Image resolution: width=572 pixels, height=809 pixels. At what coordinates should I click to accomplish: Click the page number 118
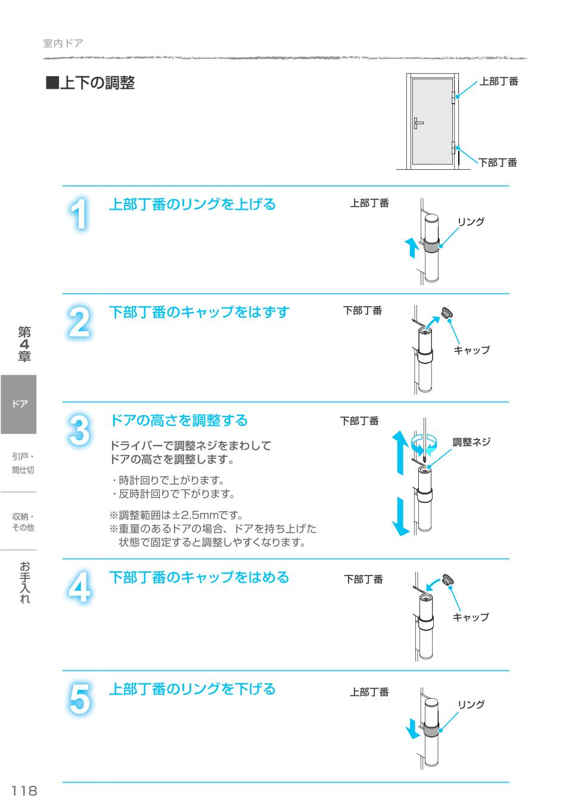click(x=24, y=791)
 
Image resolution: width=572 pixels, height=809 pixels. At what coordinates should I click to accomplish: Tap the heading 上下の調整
click(x=91, y=83)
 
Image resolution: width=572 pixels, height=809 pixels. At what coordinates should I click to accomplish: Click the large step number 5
click(x=80, y=698)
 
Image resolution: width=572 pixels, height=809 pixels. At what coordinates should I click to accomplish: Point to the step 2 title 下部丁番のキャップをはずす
click(x=198, y=312)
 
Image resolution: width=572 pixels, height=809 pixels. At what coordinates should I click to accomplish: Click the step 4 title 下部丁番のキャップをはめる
click(x=198, y=577)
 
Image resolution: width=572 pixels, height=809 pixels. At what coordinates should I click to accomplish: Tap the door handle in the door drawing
click(x=418, y=123)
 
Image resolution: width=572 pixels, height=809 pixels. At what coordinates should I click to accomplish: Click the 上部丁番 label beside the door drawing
click(x=499, y=82)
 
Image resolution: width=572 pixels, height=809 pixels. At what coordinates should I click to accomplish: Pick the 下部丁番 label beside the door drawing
click(x=498, y=163)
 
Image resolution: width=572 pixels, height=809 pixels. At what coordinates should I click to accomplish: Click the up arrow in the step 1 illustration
click(x=411, y=247)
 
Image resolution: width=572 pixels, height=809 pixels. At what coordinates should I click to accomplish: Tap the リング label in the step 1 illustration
click(x=471, y=222)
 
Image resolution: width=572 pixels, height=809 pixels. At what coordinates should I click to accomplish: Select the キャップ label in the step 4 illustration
click(x=471, y=617)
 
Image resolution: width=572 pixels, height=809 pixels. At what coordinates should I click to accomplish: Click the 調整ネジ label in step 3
click(x=471, y=442)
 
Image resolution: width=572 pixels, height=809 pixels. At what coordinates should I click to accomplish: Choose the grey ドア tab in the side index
click(x=18, y=404)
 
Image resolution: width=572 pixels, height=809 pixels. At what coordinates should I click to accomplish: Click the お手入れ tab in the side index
click(x=24, y=582)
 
